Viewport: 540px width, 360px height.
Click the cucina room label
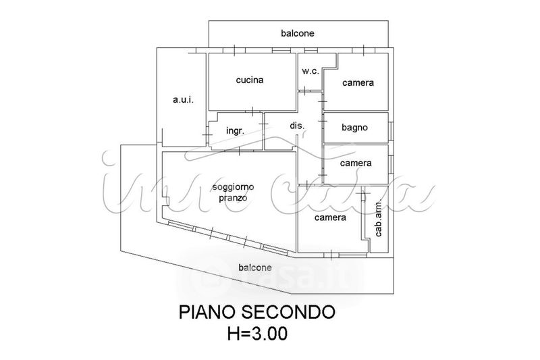coord(249,80)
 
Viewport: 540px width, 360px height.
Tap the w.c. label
coord(310,71)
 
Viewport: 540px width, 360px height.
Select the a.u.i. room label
coord(183,100)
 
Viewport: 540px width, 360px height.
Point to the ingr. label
coord(234,130)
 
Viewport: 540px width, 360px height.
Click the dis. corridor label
coord(297,126)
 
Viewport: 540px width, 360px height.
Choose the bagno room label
coord(354,127)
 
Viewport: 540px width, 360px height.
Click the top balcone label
coord(298,33)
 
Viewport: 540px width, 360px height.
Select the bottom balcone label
coord(255,267)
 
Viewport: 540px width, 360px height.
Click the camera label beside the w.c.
coord(358,83)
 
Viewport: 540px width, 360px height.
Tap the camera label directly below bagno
coord(356,163)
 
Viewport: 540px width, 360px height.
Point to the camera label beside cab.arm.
coord(330,217)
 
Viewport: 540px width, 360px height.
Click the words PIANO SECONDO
coord(256,312)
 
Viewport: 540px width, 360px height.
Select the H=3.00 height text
coord(256,333)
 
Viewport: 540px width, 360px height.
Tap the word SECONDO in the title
coord(290,312)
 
